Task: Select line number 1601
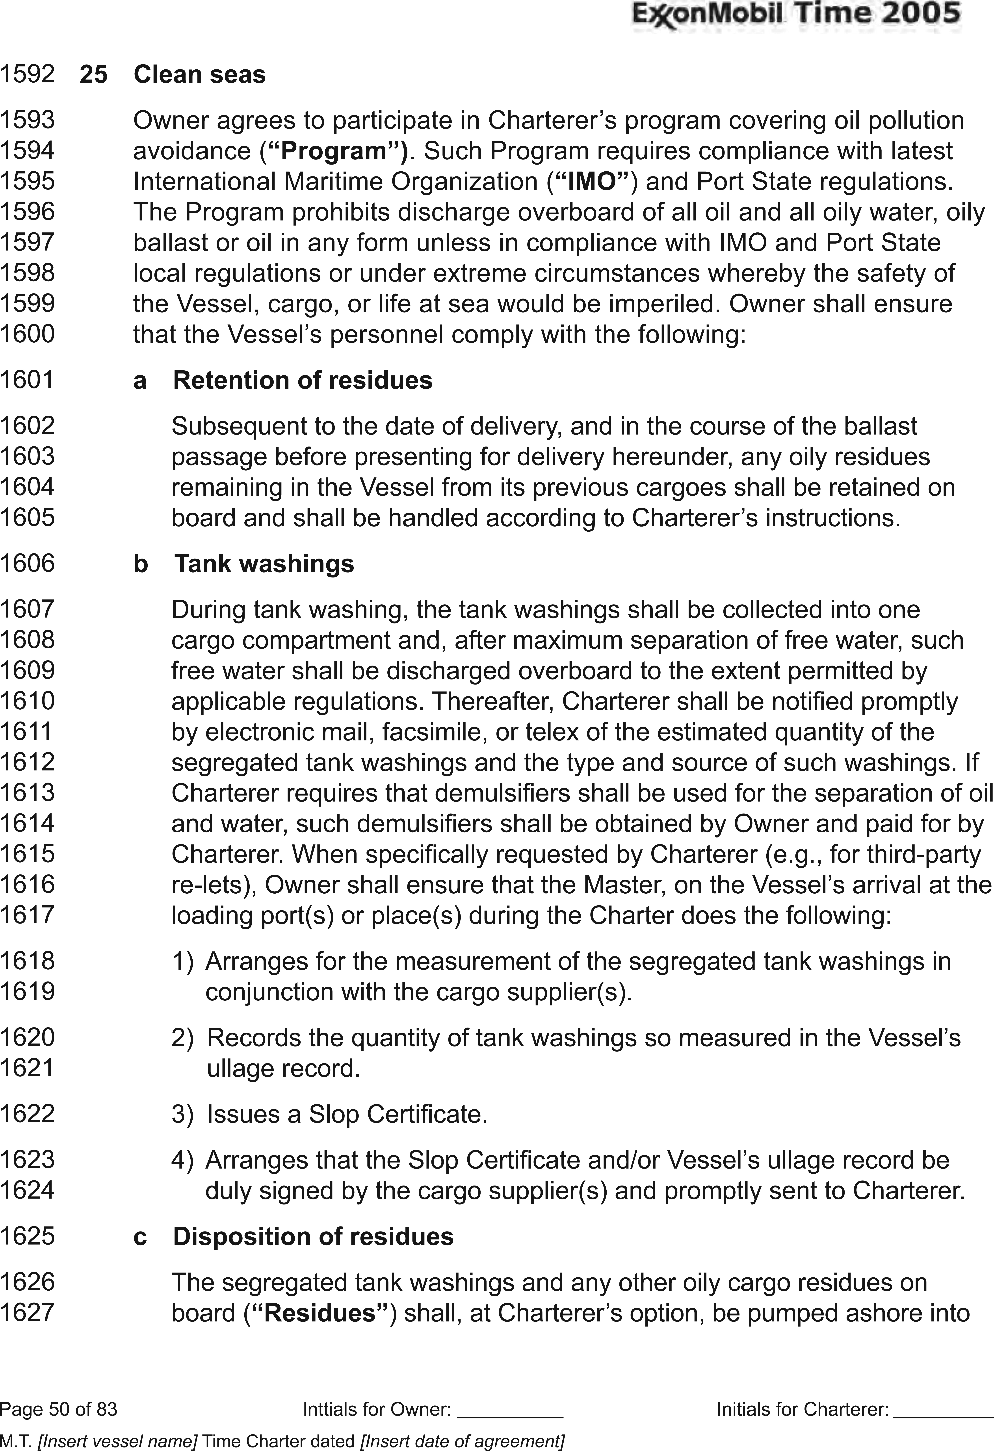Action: click(x=28, y=380)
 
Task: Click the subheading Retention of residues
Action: click(x=302, y=380)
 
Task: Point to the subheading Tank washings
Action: click(x=264, y=564)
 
